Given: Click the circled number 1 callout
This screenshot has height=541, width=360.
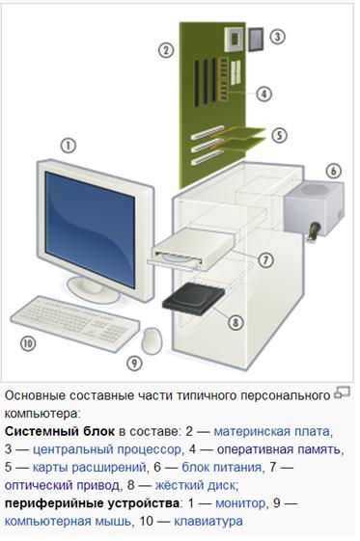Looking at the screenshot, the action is pos(69,146).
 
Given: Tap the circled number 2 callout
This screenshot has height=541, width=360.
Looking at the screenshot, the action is pos(166,50).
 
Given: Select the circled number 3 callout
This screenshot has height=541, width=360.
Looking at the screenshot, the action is pos(277,37).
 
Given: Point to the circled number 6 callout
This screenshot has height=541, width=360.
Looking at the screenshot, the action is pos(333,171).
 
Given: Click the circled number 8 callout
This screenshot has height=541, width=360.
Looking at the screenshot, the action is pos(235,322).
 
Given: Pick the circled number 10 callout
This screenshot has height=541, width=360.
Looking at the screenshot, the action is pos(28,343).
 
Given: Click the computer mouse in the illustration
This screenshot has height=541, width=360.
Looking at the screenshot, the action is pos(152,340).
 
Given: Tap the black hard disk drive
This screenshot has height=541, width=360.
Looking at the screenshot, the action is pos(193,299).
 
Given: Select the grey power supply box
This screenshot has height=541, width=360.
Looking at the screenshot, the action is pos(314,208).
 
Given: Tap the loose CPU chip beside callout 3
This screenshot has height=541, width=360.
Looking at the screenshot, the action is pos(256,39).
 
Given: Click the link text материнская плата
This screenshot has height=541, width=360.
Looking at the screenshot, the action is pos(271,431).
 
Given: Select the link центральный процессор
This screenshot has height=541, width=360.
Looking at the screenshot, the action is pos(107,449).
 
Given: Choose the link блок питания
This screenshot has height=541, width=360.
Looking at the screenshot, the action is pos(221,467).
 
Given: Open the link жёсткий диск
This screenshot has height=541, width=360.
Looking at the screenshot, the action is pos(195,485).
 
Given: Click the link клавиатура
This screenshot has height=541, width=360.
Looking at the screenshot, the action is pos(208,521).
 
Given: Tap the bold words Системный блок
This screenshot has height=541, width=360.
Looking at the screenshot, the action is pos(60,431).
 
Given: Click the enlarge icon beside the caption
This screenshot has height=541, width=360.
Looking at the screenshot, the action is pos(342,392).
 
